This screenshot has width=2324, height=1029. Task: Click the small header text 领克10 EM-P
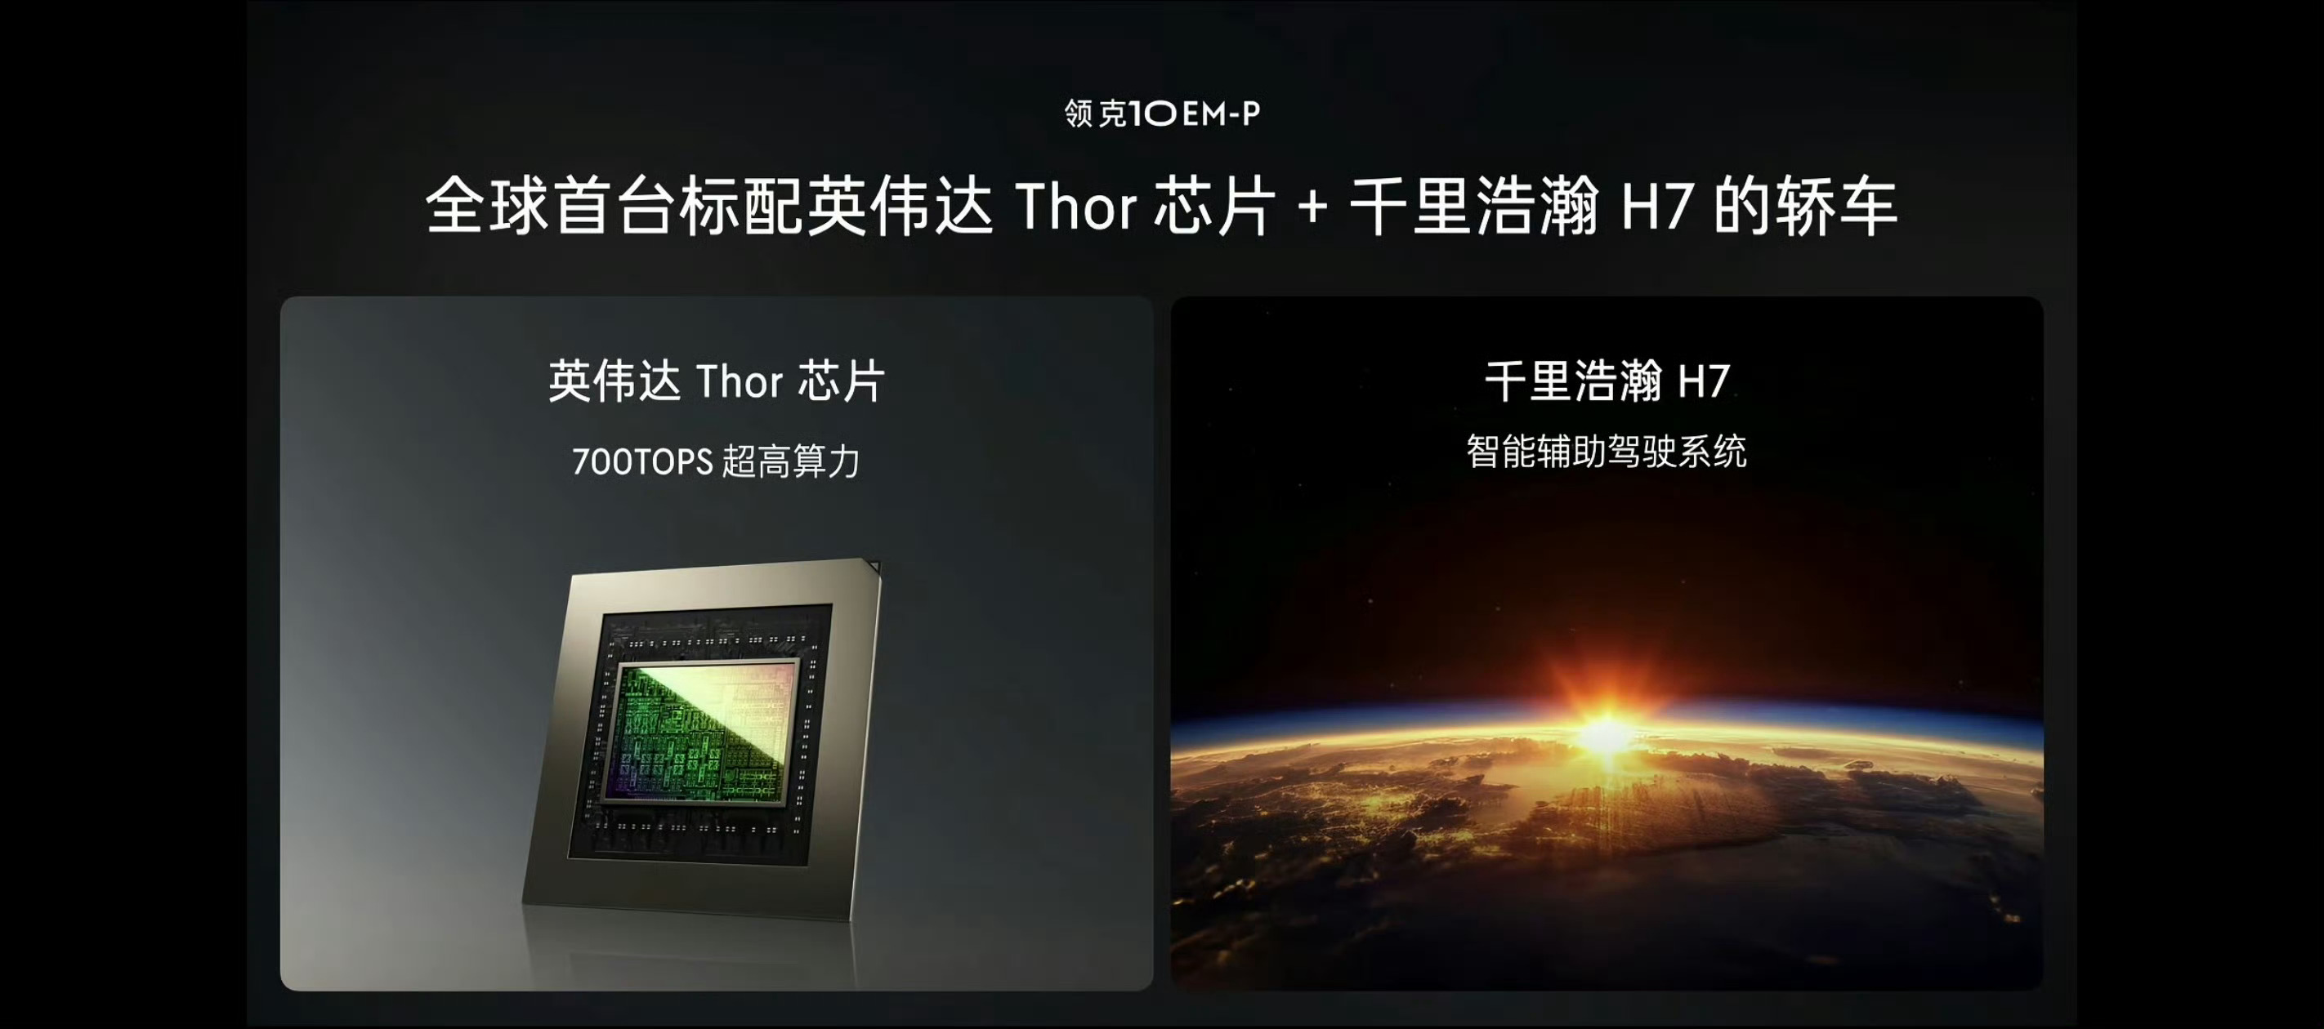tap(1162, 114)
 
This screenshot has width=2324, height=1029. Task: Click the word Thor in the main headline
tap(1075, 207)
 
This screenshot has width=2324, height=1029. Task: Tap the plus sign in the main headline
tap(1312, 208)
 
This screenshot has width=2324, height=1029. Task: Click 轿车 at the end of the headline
tap(1837, 207)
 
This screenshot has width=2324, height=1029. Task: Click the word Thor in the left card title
tap(739, 381)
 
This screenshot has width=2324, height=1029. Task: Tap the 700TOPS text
tap(642, 461)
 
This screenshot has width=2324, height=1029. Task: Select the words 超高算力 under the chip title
tap(791, 461)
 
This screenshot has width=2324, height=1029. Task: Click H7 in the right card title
tap(1703, 381)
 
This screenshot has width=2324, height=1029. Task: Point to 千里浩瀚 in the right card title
tap(1573, 381)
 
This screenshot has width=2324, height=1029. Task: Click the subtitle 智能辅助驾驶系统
tap(1607, 451)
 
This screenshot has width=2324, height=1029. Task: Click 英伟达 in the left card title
tap(615, 381)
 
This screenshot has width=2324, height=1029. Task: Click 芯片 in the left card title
tap(841, 381)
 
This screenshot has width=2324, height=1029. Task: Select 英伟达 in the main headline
tap(900, 207)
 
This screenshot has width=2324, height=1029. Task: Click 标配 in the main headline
tap(740, 207)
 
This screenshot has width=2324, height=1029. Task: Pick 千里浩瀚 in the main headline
tap(1474, 207)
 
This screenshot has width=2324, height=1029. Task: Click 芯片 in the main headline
tap(1215, 207)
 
